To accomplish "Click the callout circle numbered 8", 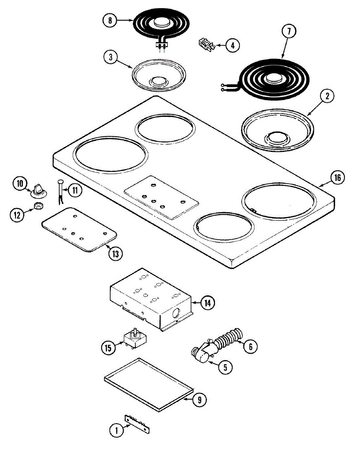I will point(110,20).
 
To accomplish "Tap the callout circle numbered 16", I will point(337,177).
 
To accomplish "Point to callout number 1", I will point(116,429).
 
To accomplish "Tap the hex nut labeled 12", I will point(38,206).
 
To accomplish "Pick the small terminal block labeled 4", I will point(206,45).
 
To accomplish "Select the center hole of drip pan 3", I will point(158,80).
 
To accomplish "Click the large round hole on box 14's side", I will point(176,313).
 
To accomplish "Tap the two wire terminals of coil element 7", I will point(224,87).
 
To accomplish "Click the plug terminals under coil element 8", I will point(162,47).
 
